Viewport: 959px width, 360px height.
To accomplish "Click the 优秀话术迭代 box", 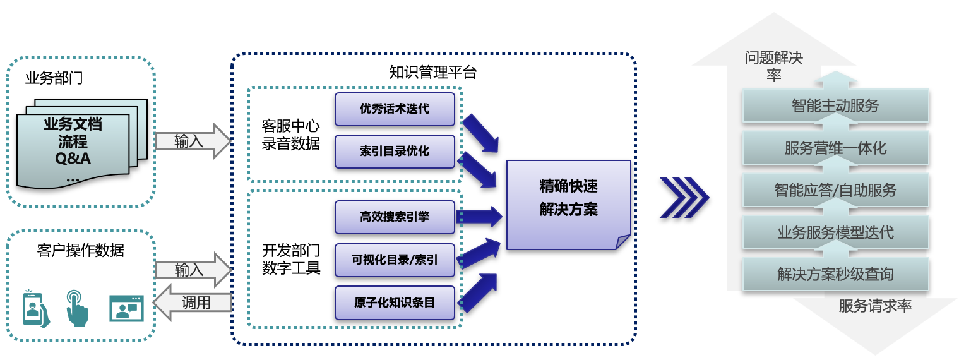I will (395, 109).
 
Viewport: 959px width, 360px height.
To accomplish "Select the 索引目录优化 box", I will (395, 152).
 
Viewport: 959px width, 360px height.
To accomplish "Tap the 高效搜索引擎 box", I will (395, 217).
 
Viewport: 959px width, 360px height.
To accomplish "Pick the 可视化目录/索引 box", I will (395, 260).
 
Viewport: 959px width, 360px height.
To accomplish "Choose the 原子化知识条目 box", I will (395, 303).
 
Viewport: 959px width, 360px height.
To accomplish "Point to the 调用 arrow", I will (193, 303).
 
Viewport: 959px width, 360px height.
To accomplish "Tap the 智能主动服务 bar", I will (835, 105).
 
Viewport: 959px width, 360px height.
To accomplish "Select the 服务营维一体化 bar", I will (835, 148).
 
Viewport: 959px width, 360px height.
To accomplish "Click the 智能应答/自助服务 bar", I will (835, 190).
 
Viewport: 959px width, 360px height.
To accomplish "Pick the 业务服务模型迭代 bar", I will (835, 232).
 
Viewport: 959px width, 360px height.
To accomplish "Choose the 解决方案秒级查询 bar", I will (835, 275).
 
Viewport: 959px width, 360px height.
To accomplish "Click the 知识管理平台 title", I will (433, 72).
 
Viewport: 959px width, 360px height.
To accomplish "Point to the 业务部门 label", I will (54, 78).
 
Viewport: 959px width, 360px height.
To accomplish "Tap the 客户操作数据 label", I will (81, 251).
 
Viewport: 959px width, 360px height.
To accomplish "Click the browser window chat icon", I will (126, 308).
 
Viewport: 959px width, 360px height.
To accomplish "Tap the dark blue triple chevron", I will (684, 198).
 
